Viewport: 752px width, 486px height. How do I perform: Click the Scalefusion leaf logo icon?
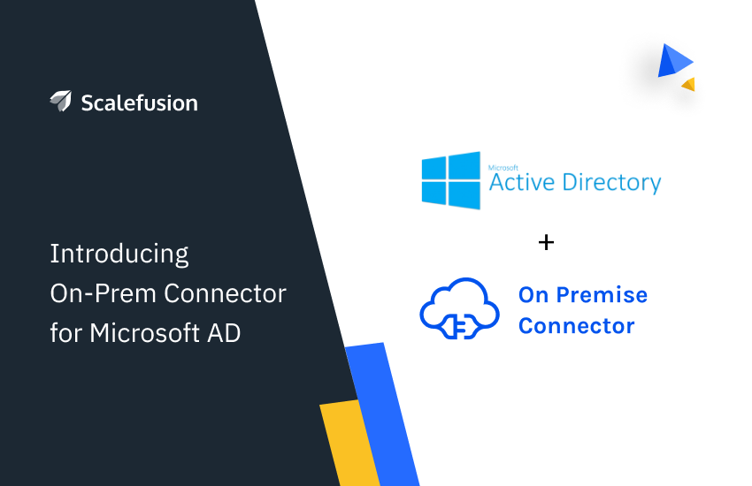tap(61, 101)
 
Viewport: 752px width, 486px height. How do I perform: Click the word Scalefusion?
tap(140, 103)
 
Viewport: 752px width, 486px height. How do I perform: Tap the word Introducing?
tap(119, 254)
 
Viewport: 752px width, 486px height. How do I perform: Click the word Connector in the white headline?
tap(225, 293)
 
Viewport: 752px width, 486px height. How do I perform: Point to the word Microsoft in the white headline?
tap(144, 333)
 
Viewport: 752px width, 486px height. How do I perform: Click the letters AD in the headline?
tap(224, 333)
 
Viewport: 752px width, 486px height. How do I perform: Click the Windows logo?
tap(451, 180)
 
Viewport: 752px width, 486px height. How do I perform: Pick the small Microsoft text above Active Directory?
tap(503, 168)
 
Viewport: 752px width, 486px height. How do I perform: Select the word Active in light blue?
tap(522, 182)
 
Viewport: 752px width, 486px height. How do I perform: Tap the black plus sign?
tap(546, 242)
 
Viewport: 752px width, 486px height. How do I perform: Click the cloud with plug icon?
tap(459, 308)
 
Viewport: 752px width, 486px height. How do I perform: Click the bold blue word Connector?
tap(577, 326)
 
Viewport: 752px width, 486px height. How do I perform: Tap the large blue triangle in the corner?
tap(674, 61)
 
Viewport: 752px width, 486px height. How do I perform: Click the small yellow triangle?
tap(689, 84)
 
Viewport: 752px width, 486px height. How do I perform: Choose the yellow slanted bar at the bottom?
tap(350, 443)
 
